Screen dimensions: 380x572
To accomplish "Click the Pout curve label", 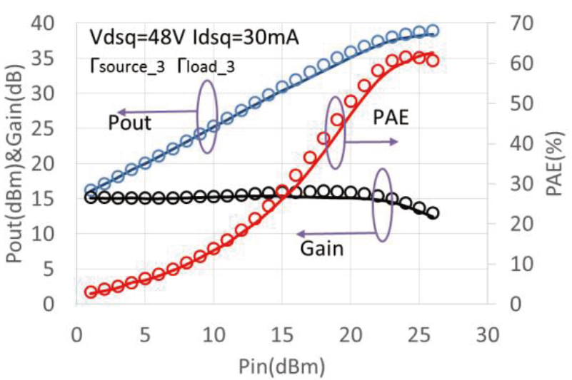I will pyautogui.click(x=130, y=123).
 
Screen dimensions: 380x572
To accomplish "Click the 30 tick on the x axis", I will pyautogui.click(x=487, y=334).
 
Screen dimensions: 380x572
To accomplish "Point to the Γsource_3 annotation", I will pyautogui.click(x=127, y=67).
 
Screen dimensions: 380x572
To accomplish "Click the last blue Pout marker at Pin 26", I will pyautogui.click(x=433, y=31).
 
